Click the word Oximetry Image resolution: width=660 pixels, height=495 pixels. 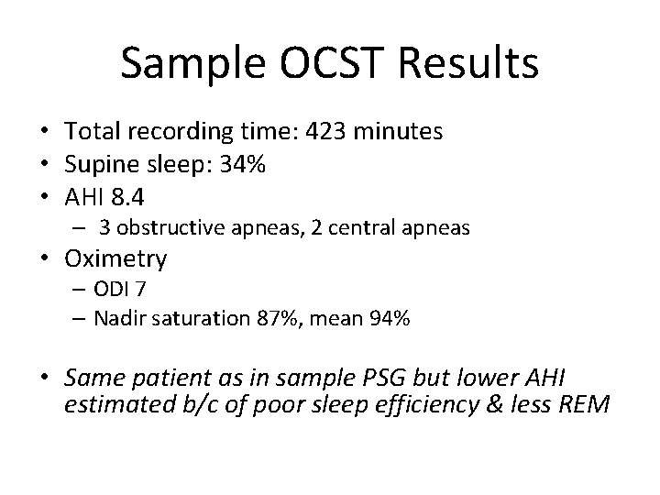click(116, 260)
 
